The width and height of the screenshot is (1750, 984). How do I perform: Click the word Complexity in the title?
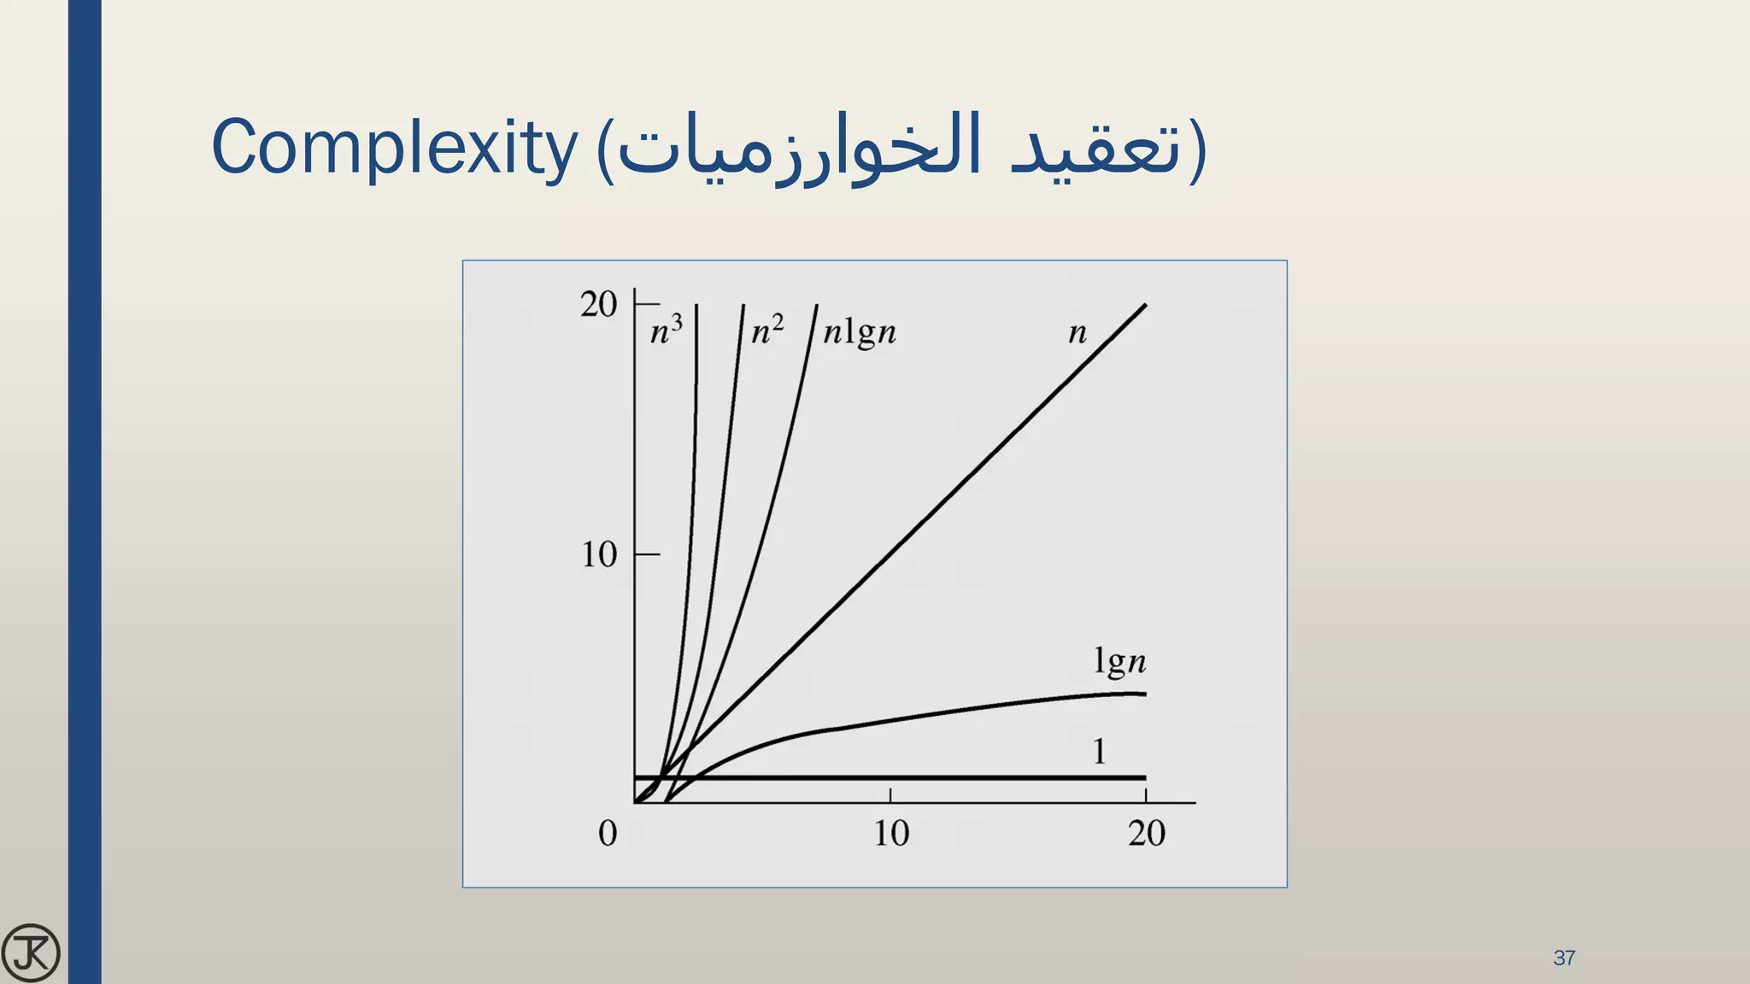point(394,148)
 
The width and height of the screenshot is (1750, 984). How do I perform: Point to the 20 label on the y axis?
point(598,304)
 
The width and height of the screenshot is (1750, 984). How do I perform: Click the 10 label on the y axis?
point(599,555)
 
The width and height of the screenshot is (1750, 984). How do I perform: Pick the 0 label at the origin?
point(608,833)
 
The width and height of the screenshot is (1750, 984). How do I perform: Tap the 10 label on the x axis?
point(891,833)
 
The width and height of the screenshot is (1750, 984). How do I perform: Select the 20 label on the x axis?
point(1147,833)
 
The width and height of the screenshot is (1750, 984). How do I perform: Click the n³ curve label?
point(667,330)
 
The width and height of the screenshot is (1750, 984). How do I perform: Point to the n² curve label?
point(767,330)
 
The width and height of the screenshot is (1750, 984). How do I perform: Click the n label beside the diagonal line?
point(1078,332)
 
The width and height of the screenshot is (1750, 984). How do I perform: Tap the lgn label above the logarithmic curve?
point(1119,662)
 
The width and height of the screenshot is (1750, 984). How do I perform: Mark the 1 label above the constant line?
point(1100,752)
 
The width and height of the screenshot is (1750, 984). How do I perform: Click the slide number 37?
point(1564,958)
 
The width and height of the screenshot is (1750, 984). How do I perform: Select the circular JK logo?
point(31,952)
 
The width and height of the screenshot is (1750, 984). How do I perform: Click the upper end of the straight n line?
point(1144,306)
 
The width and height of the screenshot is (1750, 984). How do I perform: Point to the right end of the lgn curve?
point(1144,694)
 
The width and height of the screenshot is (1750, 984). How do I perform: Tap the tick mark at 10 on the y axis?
point(647,554)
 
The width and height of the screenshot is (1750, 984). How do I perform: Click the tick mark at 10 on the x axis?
point(890,796)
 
